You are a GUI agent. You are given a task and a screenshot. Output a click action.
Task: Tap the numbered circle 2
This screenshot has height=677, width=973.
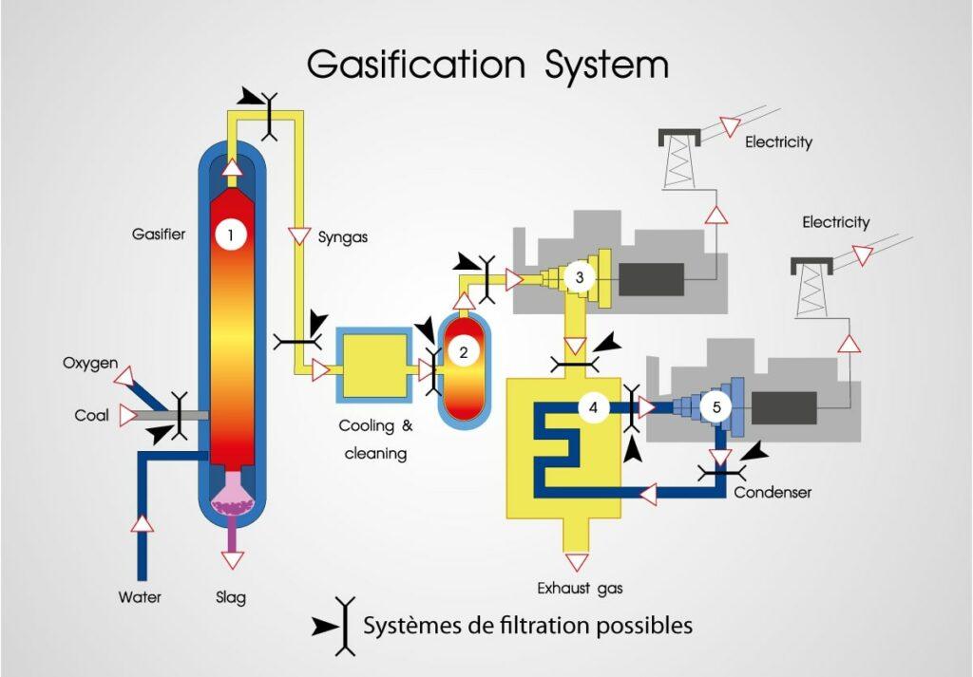pyautogui.click(x=463, y=352)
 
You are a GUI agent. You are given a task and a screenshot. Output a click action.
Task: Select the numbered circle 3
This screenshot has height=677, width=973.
pyautogui.click(x=579, y=277)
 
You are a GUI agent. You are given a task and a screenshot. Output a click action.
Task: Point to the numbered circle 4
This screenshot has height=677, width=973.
pyautogui.click(x=593, y=408)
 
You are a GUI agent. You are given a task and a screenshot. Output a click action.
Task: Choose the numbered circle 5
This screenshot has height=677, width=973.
pyautogui.click(x=716, y=408)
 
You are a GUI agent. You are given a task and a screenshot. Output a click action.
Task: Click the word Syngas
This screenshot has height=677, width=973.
pyautogui.click(x=343, y=237)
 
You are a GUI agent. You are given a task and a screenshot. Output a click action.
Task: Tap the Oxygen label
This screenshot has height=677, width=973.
pyautogui.click(x=90, y=363)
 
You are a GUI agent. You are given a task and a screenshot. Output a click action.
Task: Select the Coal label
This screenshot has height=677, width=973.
pyautogui.click(x=92, y=415)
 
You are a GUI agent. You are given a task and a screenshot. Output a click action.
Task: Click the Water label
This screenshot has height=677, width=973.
pyautogui.click(x=140, y=597)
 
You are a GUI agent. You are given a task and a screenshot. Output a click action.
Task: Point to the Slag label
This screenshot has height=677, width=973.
pyautogui.click(x=231, y=597)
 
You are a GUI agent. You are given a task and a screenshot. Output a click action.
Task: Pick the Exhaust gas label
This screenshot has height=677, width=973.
pyautogui.click(x=580, y=588)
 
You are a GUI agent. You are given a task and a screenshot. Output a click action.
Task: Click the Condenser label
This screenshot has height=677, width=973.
pyautogui.click(x=773, y=492)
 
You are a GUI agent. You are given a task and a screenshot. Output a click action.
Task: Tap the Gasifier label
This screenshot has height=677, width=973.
pyautogui.click(x=158, y=234)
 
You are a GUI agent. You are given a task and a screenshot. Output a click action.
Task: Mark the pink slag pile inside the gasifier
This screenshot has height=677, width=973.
pyautogui.click(x=232, y=500)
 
